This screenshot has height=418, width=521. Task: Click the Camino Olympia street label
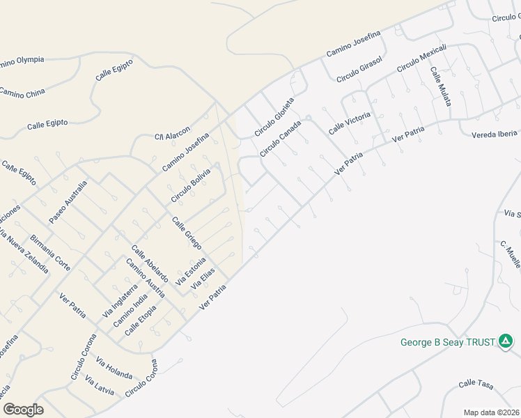click(21, 61)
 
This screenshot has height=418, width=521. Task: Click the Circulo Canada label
click(281, 139)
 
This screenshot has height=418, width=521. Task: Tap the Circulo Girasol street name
click(359, 70)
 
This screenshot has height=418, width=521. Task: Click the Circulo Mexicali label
click(421, 59)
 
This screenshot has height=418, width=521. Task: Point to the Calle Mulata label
click(440, 87)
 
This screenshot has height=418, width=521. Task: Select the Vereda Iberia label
click(495, 134)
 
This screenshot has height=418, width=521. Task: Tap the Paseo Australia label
click(68, 202)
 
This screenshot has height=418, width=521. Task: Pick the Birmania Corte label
click(50, 252)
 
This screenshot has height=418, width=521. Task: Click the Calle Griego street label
click(187, 233)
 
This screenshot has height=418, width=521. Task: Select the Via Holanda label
click(114, 368)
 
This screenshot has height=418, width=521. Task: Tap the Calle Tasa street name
click(476, 384)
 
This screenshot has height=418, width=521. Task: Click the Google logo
click(24, 409)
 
